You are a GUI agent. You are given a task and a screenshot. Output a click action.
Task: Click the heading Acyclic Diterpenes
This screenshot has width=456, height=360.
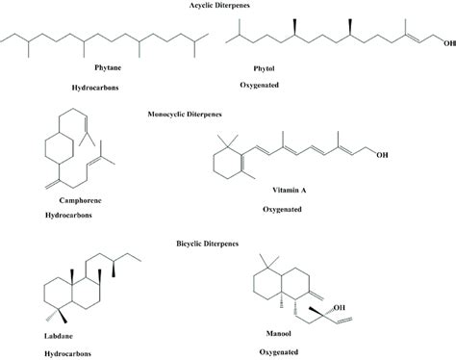tap(227, 7)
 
